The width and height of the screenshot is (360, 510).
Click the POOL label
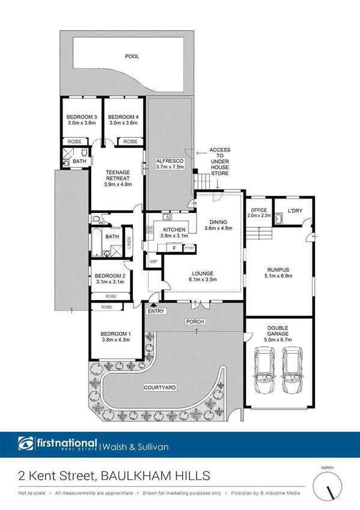(132, 57)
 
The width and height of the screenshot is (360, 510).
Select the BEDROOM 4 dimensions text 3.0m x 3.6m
(123, 123)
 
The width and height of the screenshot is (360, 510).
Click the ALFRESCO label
(164, 162)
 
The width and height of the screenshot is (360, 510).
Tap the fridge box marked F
(174, 248)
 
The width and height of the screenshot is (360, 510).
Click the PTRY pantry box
(189, 248)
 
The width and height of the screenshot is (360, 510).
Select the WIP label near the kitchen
(153, 262)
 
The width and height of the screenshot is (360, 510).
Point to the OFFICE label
(258, 210)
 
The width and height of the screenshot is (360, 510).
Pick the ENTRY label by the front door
(155, 310)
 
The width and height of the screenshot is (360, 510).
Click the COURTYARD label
(159, 388)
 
